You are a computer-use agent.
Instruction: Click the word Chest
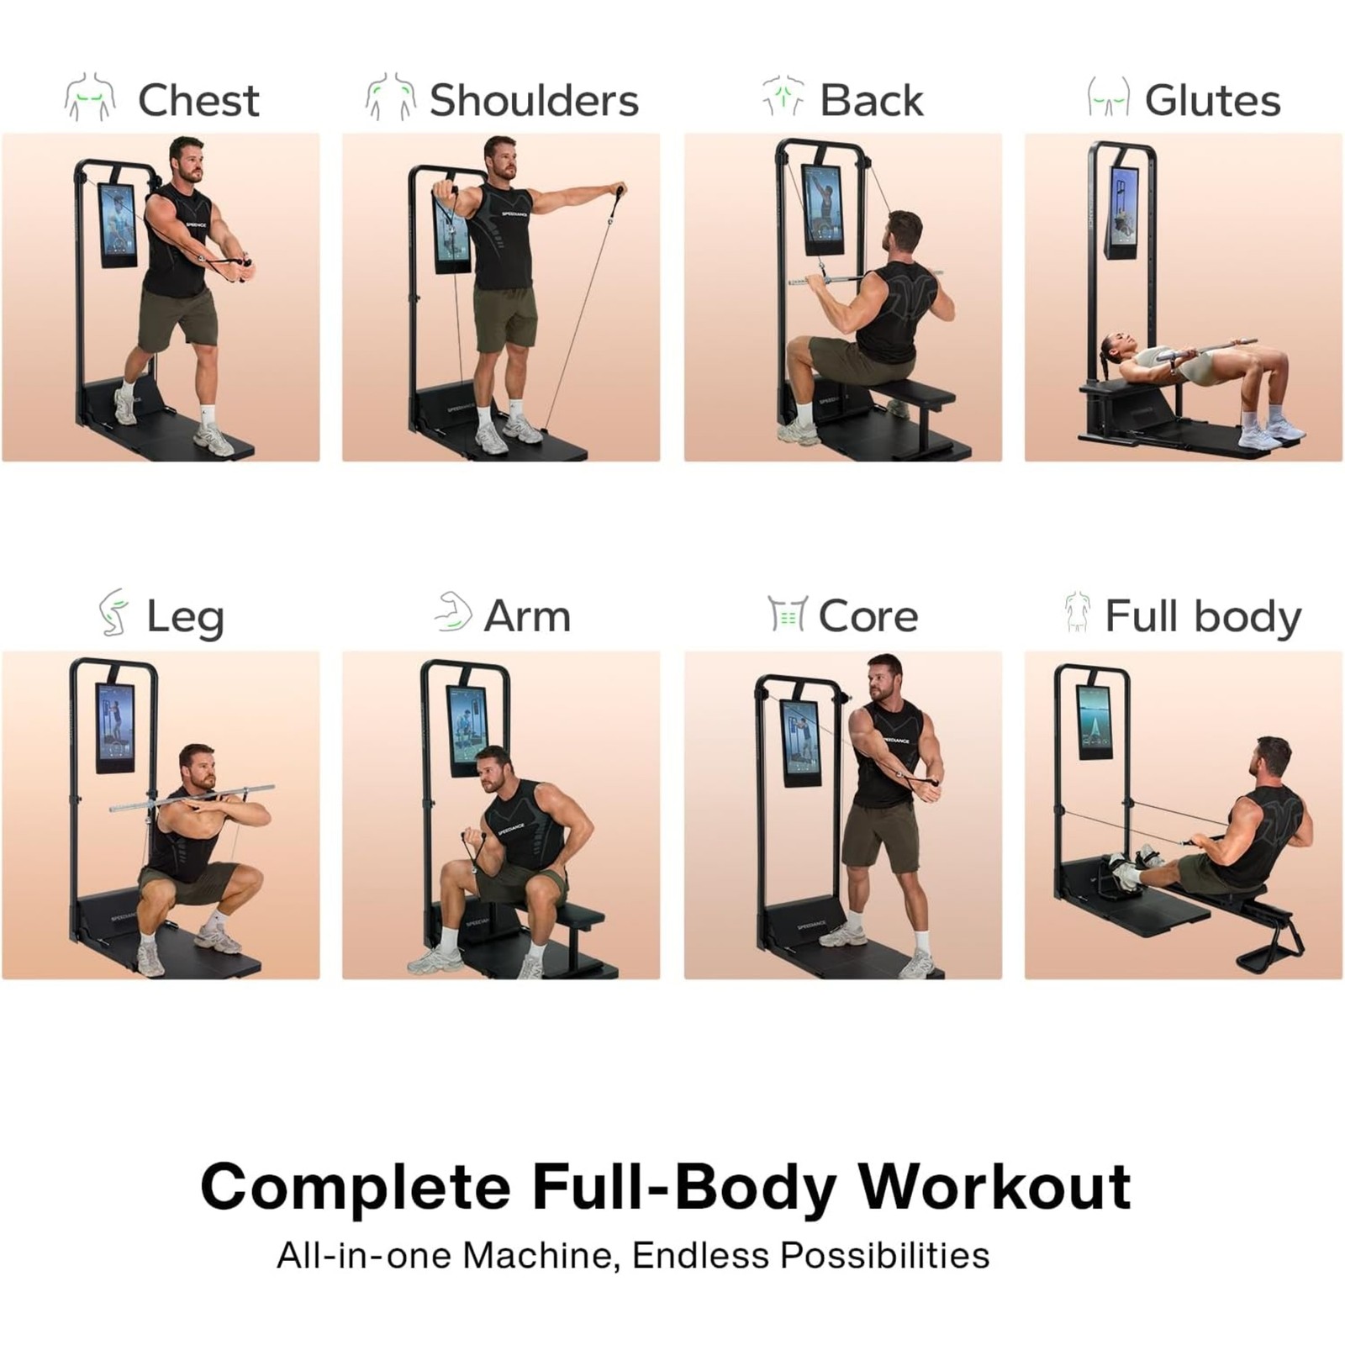tap(198, 100)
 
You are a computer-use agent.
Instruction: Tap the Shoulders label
tap(534, 100)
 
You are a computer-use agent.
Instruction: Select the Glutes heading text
tap(1212, 100)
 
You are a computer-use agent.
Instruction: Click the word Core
tap(868, 616)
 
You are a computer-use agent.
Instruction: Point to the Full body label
tap(1203, 618)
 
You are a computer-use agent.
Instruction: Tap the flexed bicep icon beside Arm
tap(453, 611)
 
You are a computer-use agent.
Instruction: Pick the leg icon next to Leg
tap(113, 612)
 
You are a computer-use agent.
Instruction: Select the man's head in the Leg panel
tap(197, 768)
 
